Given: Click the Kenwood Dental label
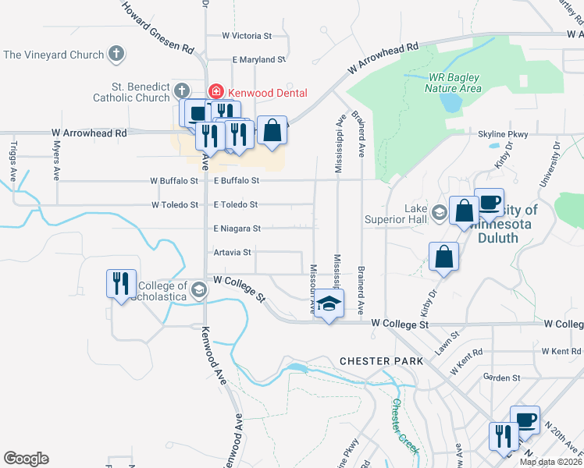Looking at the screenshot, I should tap(268, 93).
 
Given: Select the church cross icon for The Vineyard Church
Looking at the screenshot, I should tap(116, 55).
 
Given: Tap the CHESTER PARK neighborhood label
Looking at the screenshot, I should tap(381, 361).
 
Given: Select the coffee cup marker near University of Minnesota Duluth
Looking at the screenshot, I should tap(489, 203).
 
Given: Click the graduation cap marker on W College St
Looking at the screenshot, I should tap(329, 303).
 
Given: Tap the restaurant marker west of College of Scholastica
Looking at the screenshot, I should tap(122, 283).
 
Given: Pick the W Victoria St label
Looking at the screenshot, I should tap(246, 36).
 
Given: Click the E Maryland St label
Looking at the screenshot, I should tap(259, 59).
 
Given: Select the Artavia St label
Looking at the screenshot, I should tap(232, 253).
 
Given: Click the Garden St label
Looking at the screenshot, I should tap(501, 378).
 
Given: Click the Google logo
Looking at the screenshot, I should tap(26, 459).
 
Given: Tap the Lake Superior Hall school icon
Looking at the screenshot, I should tap(439, 211).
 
